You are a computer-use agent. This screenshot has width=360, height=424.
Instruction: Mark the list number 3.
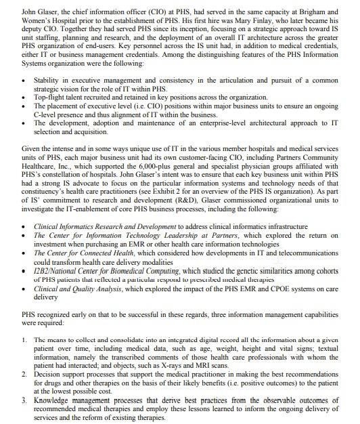pos(24,400)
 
